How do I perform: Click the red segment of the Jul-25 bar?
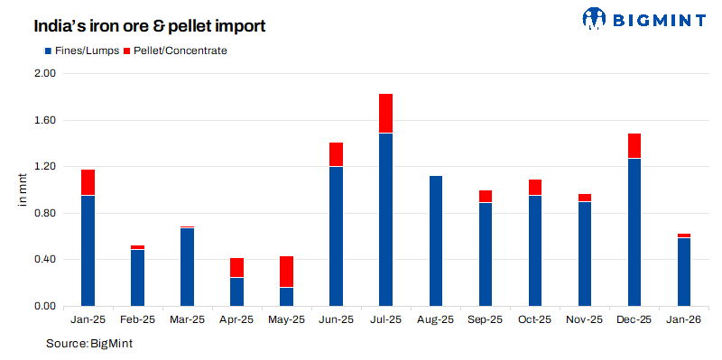coord(385,113)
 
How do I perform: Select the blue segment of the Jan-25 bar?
coord(88,251)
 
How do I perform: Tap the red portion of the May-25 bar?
coord(286,272)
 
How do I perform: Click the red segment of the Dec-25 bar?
coord(634,146)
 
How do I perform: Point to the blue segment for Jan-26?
coord(684,272)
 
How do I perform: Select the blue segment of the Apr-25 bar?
coord(236,291)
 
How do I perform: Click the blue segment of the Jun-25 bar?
coord(336,236)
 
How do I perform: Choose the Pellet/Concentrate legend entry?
coord(174,51)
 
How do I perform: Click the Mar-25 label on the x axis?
coord(187,319)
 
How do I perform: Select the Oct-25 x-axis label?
coord(535,319)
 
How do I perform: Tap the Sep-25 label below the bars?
coord(486,319)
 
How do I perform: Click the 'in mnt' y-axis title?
coord(23,190)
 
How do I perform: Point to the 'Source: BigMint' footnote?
coord(89,344)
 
